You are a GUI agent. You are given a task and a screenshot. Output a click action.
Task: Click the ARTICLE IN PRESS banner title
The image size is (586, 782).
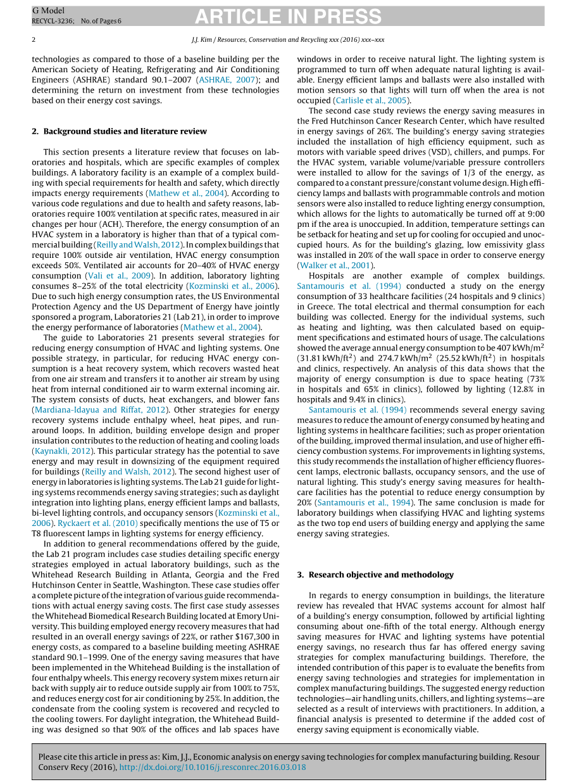click(x=292, y=16)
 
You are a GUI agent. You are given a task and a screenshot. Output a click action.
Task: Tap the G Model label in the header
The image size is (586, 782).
click(x=48, y=11)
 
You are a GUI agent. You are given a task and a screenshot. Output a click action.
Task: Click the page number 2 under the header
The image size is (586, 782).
click(x=34, y=39)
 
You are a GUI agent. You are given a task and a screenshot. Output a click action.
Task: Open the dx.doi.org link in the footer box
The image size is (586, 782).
click(x=213, y=767)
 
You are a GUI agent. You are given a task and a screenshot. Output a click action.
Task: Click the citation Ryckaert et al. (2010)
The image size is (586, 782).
click(x=98, y=523)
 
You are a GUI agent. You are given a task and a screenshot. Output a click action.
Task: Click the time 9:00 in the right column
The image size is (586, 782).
click(x=535, y=214)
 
